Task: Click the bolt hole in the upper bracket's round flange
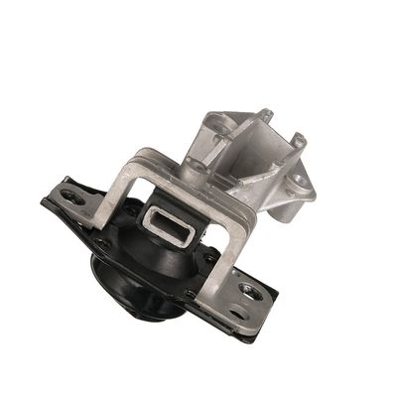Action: point(295,183)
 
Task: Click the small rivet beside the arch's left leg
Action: point(103,241)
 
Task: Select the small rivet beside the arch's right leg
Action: point(208,255)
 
